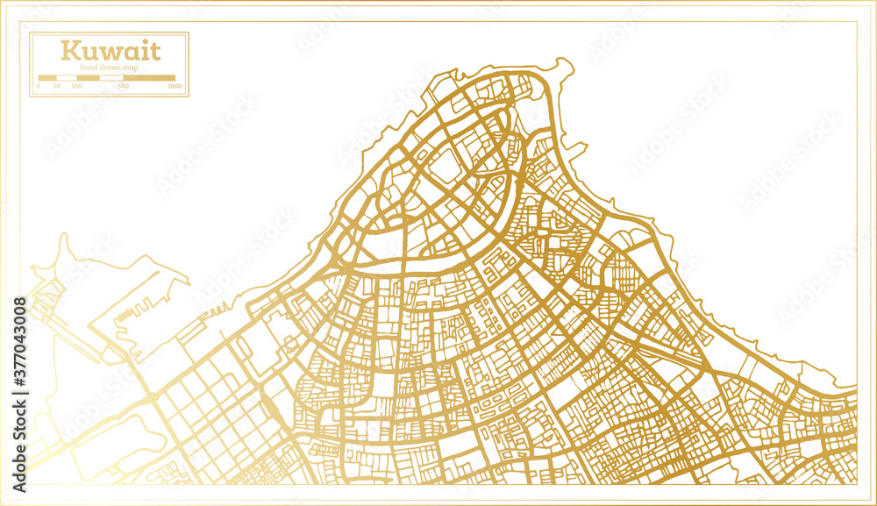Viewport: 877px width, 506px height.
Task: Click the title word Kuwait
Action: click(x=110, y=50)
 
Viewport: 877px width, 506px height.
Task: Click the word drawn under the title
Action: click(x=109, y=68)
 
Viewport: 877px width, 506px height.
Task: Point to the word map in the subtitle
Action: click(x=129, y=68)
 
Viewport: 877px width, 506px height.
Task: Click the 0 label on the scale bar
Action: click(x=39, y=87)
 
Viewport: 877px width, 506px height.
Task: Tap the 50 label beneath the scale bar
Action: click(x=56, y=87)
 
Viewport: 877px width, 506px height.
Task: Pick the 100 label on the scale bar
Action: click(x=76, y=87)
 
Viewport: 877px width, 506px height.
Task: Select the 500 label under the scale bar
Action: click(x=123, y=87)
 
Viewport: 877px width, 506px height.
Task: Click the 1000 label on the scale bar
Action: click(x=175, y=87)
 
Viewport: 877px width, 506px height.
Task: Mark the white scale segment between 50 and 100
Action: click(x=67, y=78)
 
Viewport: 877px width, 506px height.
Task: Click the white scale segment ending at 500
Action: click(x=111, y=78)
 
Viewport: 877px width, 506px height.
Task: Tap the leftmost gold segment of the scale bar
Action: click(x=47, y=78)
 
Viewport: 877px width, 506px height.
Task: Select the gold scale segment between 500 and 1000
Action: click(x=151, y=78)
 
